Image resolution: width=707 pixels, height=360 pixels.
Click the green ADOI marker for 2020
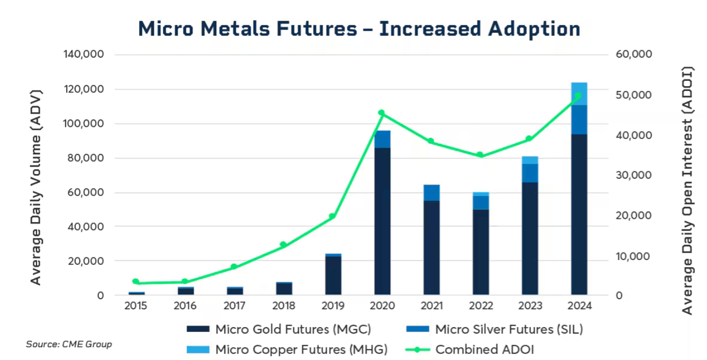pyautogui.click(x=381, y=113)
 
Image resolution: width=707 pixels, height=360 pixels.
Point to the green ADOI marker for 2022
pyautogui.click(x=480, y=155)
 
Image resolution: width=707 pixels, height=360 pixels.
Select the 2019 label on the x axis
pyautogui.click(x=333, y=306)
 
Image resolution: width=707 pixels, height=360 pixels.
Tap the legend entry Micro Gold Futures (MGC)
pyautogui.click(x=293, y=329)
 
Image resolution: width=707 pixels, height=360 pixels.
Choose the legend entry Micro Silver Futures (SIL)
pyautogui.click(x=509, y=329)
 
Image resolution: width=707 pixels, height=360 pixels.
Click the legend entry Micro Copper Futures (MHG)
pyautogui.click(x=301, y=349)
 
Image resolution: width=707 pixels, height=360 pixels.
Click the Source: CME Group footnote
pyautogui.click(x=69, y=344)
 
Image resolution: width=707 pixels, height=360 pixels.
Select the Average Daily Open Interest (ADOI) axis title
pyautogui.click(x=687, y=190)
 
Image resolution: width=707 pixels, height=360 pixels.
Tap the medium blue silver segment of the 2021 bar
pyautogui.click(x=431, y=192)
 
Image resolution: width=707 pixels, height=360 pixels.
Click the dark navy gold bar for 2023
pyautogui.click(x=530, y=238)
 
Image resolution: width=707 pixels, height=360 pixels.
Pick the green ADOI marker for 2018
pyautogui.click(x=283, y=245)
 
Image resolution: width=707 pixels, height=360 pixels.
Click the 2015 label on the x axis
pyautogui.click(x=136, y=306)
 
